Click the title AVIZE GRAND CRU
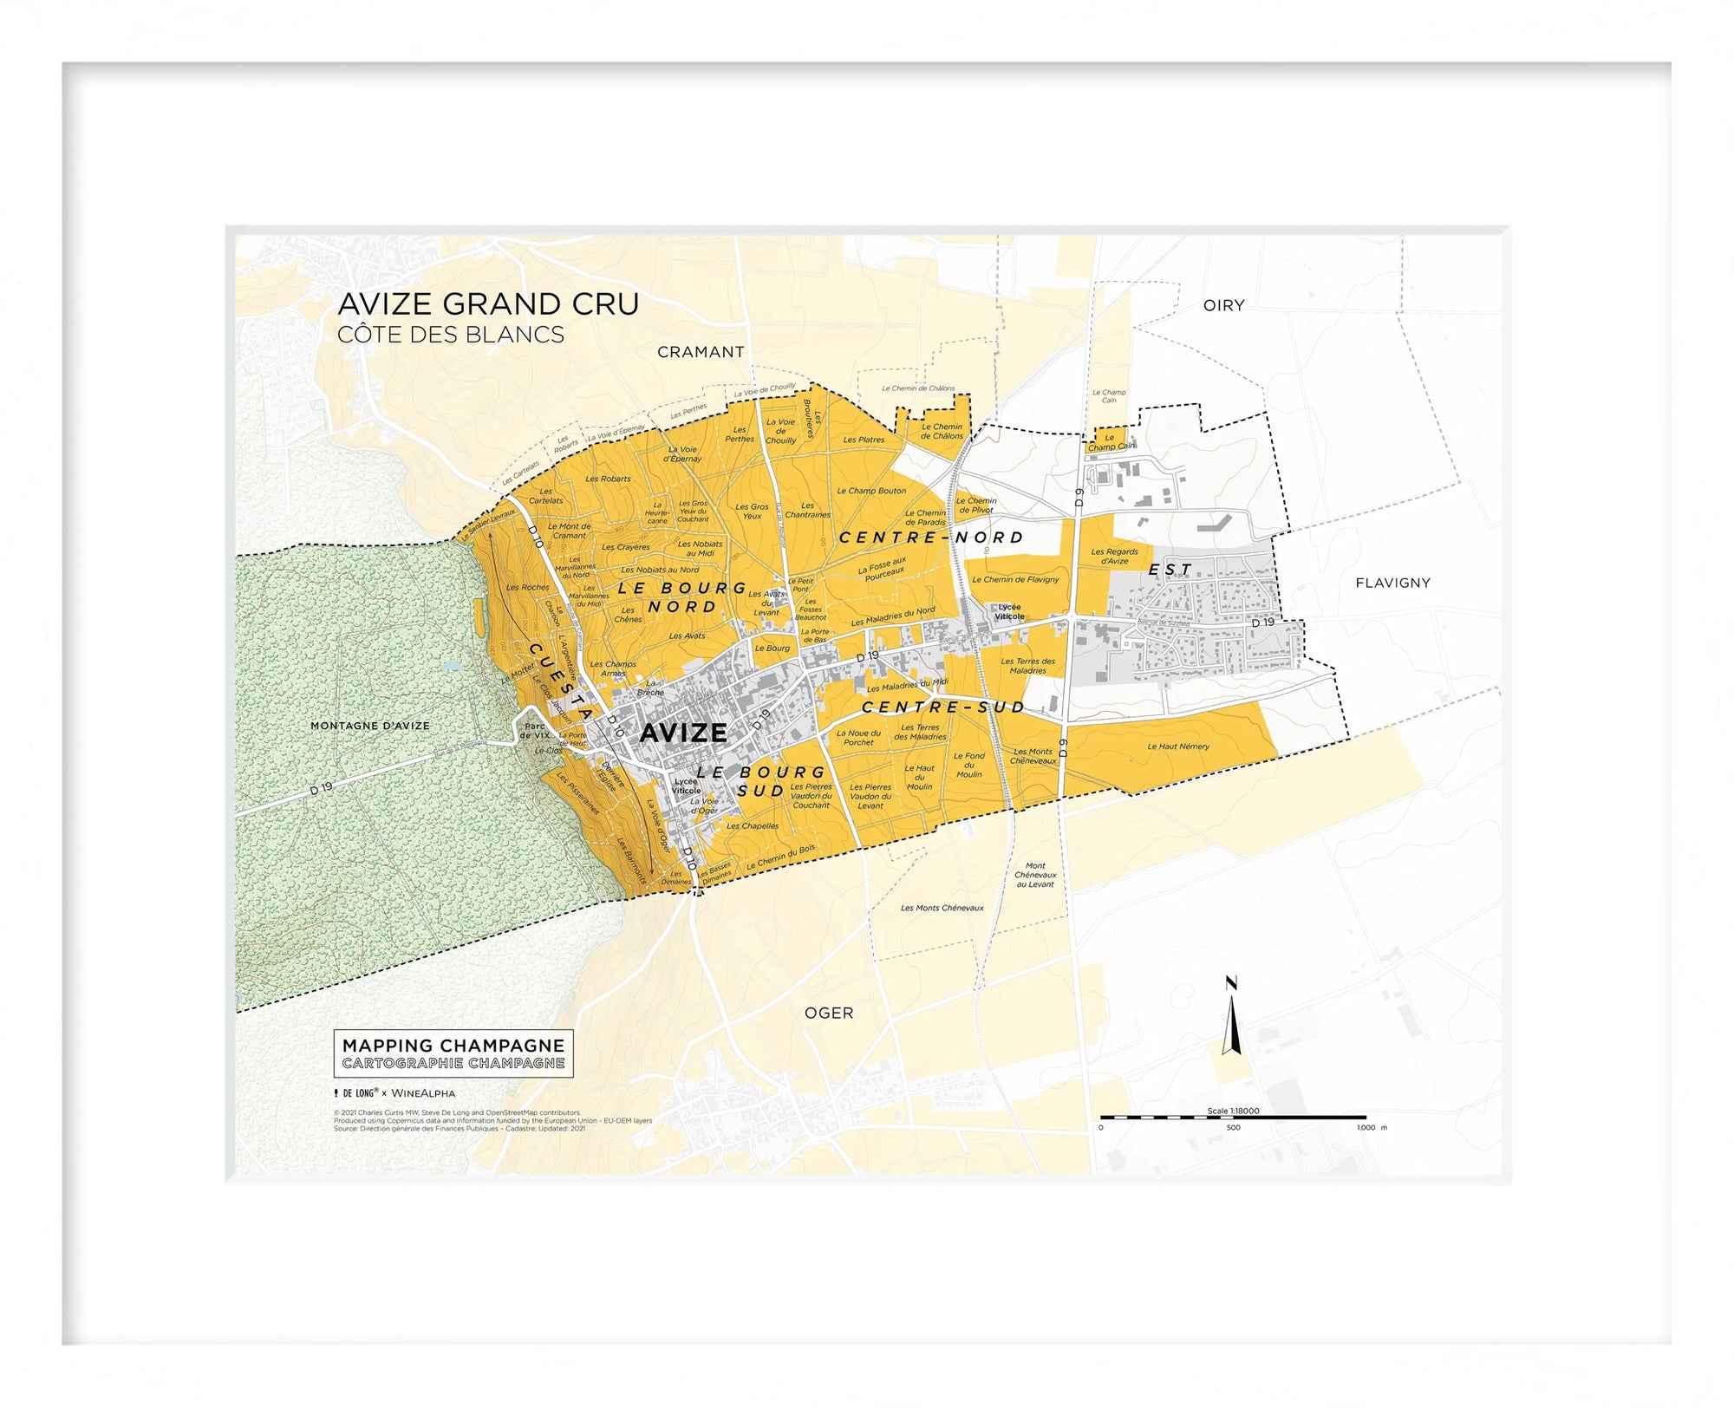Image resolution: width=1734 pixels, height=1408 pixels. point(488,304)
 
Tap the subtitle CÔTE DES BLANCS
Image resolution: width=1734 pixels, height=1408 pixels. point(451,335)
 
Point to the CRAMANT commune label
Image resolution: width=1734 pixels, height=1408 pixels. point(701,352)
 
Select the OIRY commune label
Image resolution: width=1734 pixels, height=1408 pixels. point(1223,305)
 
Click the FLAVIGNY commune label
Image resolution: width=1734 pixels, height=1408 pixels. point(1392,583)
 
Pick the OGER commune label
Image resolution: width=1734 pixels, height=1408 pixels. point(829,1013)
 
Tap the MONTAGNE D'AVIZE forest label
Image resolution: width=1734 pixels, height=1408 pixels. point(370,726)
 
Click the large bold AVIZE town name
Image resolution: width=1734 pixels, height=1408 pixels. point(683,733)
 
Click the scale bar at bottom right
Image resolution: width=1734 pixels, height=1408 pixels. point(1233,1118)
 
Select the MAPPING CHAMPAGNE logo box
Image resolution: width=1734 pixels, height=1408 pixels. point(453,1053)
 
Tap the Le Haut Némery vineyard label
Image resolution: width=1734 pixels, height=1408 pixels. point(1177,746)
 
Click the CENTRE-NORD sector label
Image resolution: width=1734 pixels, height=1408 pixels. point(931,538)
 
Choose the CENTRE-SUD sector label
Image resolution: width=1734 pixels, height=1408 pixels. point(943,707)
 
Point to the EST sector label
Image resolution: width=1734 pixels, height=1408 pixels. point(1170,570)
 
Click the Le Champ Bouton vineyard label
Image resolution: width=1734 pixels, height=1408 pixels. point(870,491)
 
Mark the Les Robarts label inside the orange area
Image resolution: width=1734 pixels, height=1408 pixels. point(608,479)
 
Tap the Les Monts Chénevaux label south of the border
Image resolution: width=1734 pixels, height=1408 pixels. point(942,908)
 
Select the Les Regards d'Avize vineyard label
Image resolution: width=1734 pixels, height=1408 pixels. point(1114,556)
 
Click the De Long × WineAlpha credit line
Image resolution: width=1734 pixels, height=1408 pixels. point(395,1093)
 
